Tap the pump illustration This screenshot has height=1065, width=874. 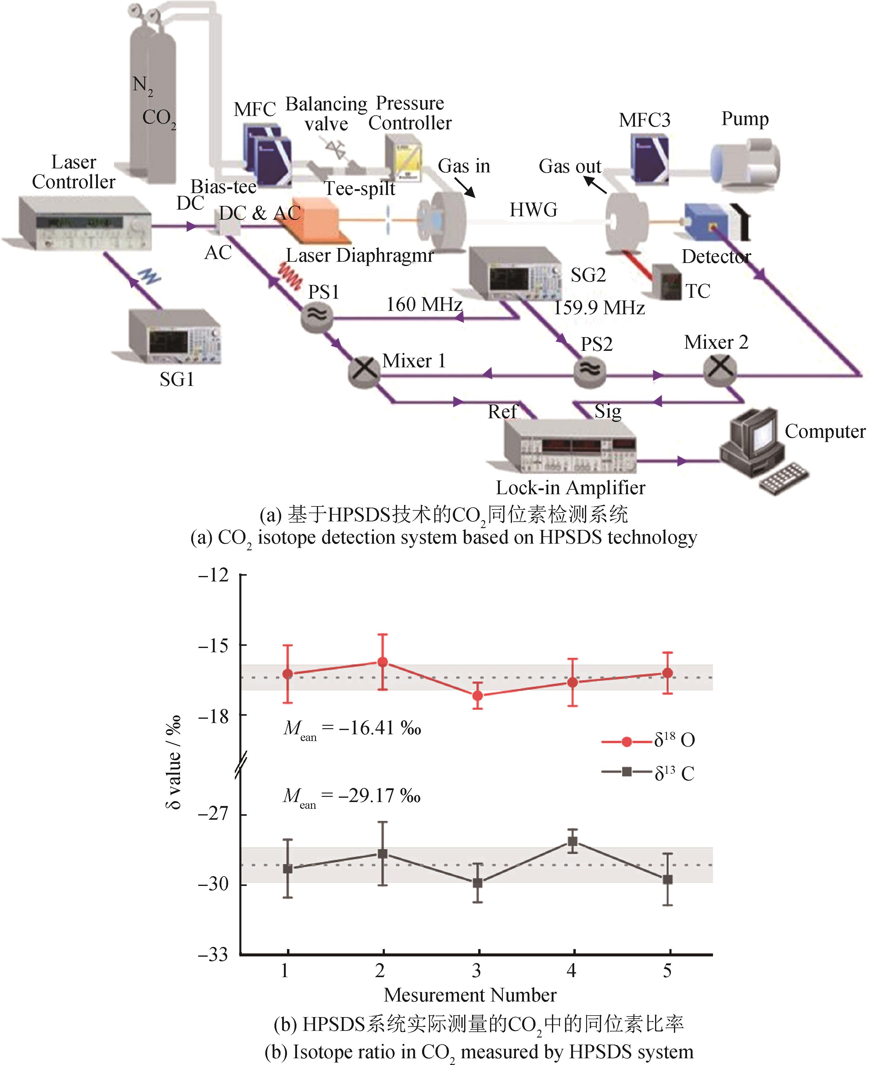pos(745,164)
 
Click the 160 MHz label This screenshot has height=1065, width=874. pos(424,305)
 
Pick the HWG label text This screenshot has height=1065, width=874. pos(533,210)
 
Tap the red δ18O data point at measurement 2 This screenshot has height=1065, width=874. pos(383,662)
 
